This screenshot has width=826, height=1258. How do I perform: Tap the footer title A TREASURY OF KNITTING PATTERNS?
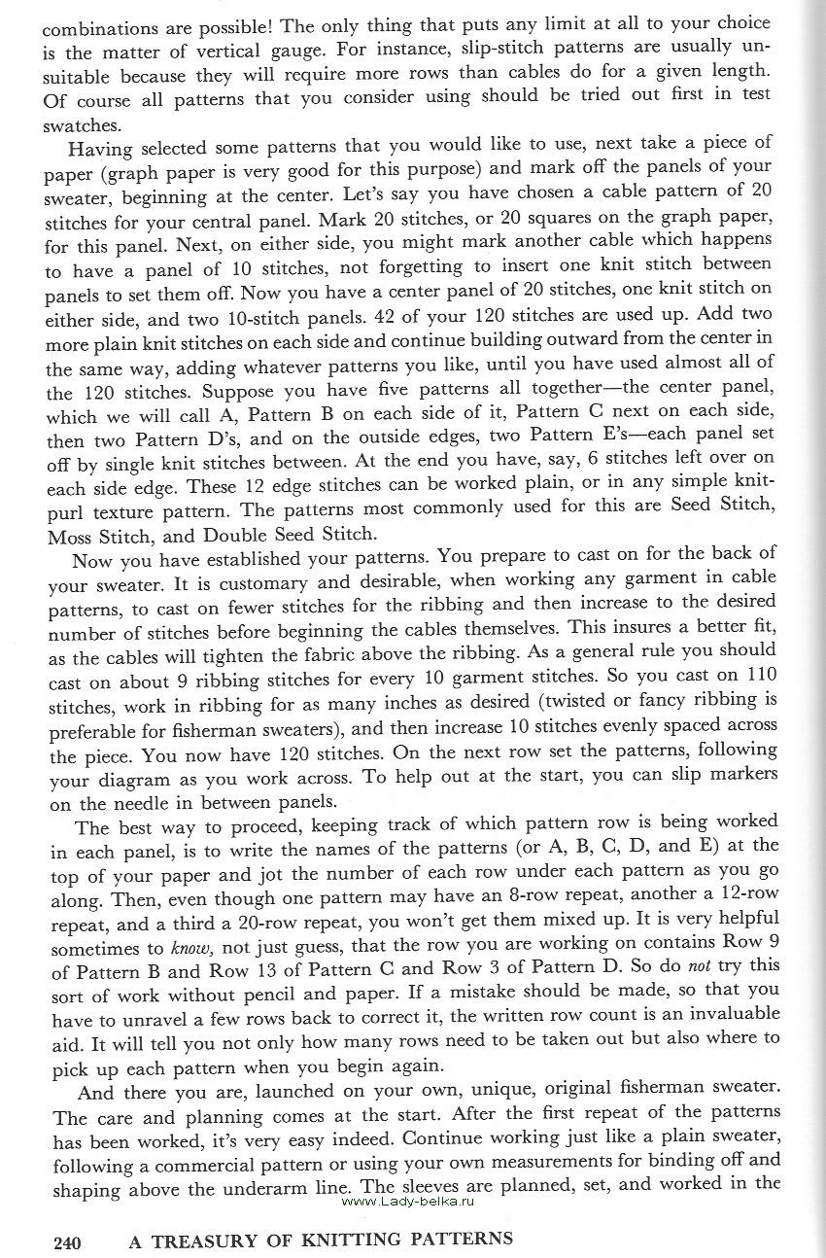pyautogui.click(x=321, y=1241)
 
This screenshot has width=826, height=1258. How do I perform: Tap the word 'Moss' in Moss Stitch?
pyautogui.click(x=66, y=535)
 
